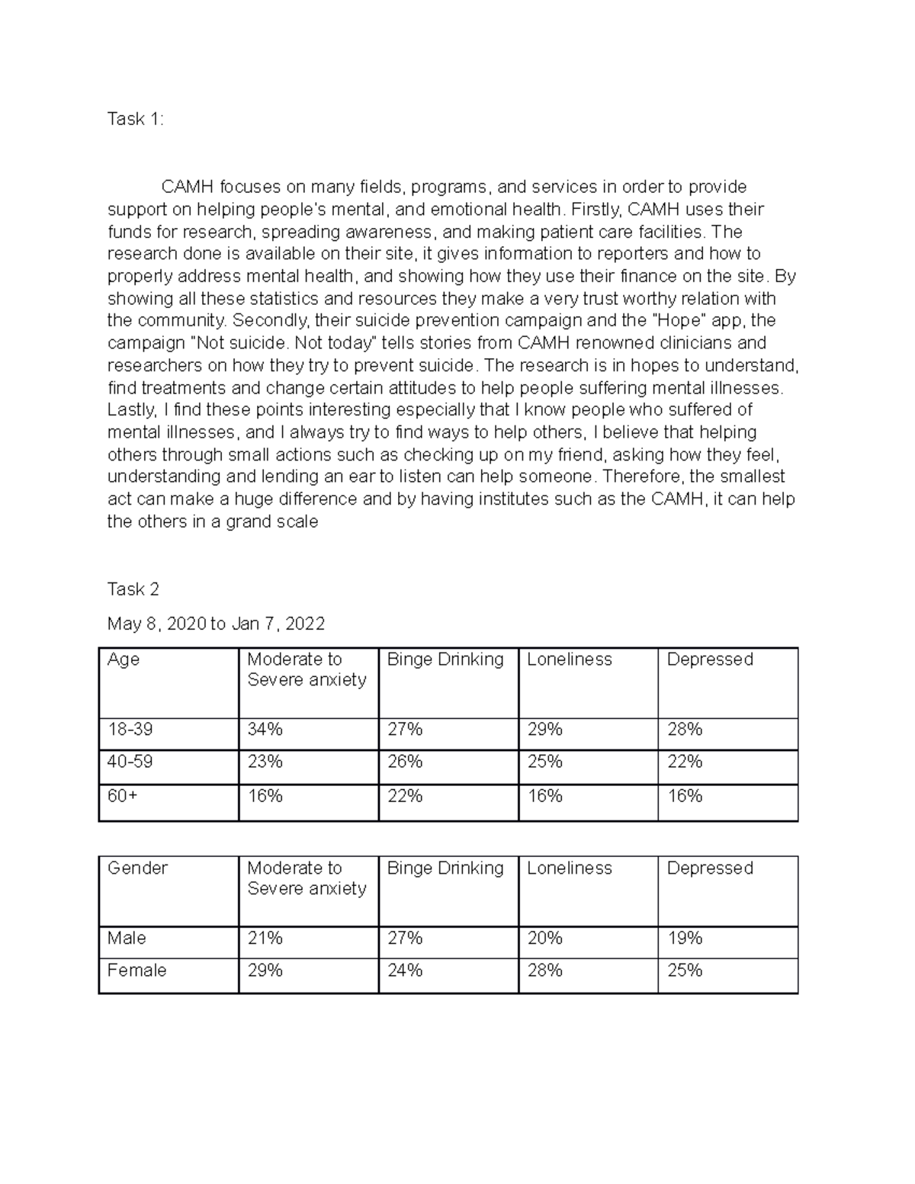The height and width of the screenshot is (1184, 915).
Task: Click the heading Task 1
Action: [x=135, y=120]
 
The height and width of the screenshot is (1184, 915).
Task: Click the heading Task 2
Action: [x=133, y=589]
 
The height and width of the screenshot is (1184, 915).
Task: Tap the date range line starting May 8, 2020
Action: [x=216, y=624]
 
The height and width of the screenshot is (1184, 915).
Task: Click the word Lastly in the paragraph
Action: [x=132, y=410]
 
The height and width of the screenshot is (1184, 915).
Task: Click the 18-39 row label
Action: [x=130, y=730]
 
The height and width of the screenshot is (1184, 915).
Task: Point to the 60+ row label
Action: [x=123, y=797]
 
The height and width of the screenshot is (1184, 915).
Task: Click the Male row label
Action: [x=127, y=939]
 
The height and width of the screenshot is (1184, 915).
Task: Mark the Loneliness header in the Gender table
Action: [x=569, y=868]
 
